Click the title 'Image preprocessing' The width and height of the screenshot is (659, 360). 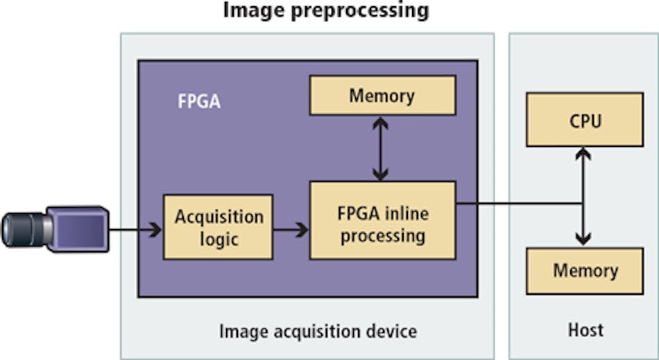pyautogui.click(x=325, y=11)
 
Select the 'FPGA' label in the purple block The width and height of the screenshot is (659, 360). pyautogui.click(x=199, y=101)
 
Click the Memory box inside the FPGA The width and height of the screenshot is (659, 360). pyautogui.click(x=382, y=95)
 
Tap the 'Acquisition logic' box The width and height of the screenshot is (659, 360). pyautogui.click(x=218, y=228)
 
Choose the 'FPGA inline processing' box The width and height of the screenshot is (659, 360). pyautogui.click(x=382, y=223)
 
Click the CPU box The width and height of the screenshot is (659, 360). pyautogui.click(x=584, y=122)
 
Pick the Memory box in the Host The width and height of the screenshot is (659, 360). pyautogui.click(x=584, y=271)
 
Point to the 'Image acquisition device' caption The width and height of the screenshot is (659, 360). pyautogui.click(x=318, y=331)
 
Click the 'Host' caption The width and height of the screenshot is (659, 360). pyautogui.click(x=584, y=330)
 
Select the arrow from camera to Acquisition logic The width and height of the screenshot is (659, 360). pyautogui.click(x=136, y=228)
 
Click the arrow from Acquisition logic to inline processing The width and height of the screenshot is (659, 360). pyautogui.click(x=291, y=228)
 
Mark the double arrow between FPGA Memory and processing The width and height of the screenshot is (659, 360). pyautogui.click(x=379, y=148)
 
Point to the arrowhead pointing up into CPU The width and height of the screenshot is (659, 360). pyautogui.click(x=583, y=154)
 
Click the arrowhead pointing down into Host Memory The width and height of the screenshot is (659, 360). pyautogui.click(x=583, y=239)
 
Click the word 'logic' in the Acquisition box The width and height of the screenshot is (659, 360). pyautogui.click(x=219, y=239)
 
